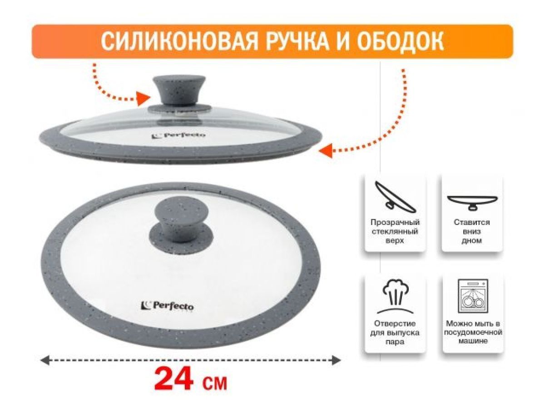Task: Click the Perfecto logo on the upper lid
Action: click(x=178, y=135)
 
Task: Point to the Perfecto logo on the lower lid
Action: click(x=167, y=306)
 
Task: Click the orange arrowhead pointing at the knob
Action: click(x=144, y=99)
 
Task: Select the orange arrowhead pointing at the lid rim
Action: click(x=326, y=150)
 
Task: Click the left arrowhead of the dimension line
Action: click(x=45, y=360)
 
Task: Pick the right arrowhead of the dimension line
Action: click(x=336, y=360)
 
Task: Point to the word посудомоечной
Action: click(x=473, y=332)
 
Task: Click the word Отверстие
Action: click(x=395, y=323)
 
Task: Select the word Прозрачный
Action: click(x=395, y=223)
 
